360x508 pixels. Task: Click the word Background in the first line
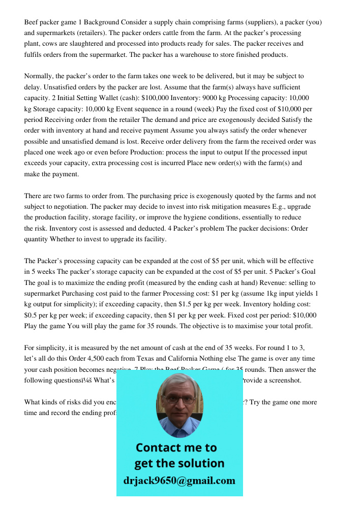(x=101, y=22)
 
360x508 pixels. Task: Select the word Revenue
(x=224, y=282)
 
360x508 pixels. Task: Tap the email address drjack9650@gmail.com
(x=179, y=481)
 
